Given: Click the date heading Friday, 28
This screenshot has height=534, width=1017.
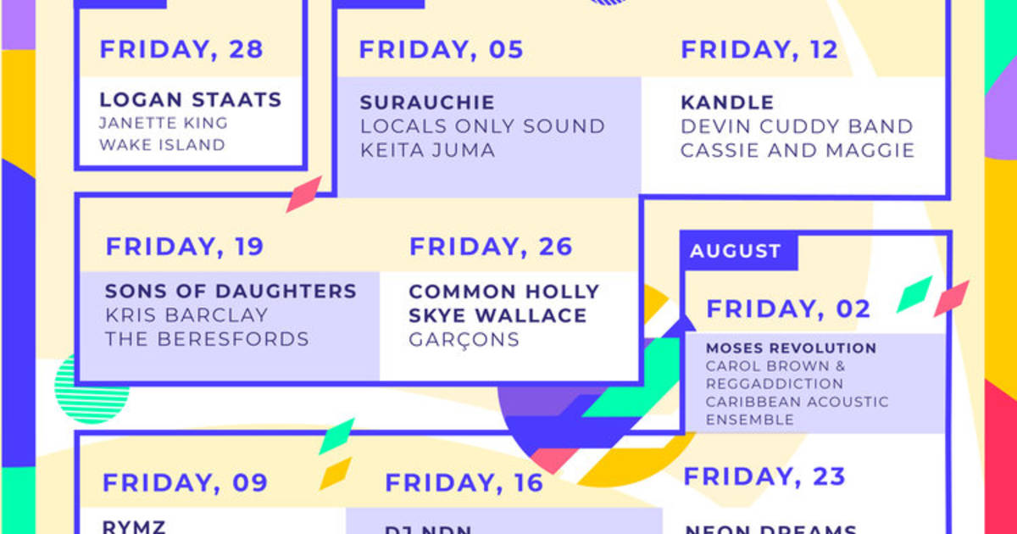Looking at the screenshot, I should click(x=181, y=49).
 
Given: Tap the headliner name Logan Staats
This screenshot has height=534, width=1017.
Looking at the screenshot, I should click(x=190, y=99).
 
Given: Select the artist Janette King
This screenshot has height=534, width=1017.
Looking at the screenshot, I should click(x=163, y=122).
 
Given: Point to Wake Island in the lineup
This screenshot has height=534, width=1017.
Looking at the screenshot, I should click(x=162, y=144).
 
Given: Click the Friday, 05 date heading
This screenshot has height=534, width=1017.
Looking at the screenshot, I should click(x=441, y=49).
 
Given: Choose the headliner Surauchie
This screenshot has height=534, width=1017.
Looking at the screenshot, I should click(x=426, y=103).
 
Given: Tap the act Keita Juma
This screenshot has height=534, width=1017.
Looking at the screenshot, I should click(x=427, y=150).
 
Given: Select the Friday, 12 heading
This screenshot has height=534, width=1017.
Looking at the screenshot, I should click(x=759, y=49).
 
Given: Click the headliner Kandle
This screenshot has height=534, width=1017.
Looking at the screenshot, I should click(x=727, y=103).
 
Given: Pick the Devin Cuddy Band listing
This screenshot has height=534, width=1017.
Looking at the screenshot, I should click(x=797, y=126).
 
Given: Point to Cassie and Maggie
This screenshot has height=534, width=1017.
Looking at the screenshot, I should click(x=797, y=150).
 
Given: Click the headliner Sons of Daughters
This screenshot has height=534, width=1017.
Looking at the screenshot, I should click(x=231, y=292).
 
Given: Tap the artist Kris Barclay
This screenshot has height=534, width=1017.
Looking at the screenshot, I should click(x=186, y=315).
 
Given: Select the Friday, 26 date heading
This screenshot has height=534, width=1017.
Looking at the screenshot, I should click(x=491, y=247).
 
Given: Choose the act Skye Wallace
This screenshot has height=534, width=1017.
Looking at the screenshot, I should click(x=497, y=315).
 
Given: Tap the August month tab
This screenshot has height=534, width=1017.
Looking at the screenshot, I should click(x=735, y=251).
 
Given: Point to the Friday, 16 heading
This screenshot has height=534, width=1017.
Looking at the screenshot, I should click(x=464, y=483).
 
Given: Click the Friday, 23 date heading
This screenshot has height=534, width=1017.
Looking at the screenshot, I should click(x=764, y=476).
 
